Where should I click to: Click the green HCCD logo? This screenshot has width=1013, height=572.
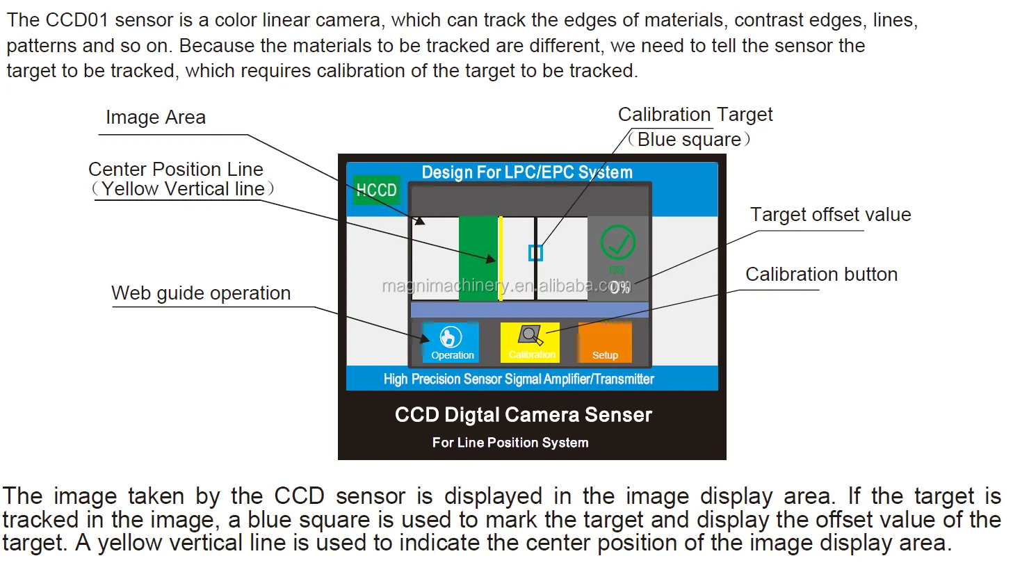point(376,190)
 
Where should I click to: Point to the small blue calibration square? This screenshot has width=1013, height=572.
point(535,253)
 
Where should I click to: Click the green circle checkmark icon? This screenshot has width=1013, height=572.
point(617,243)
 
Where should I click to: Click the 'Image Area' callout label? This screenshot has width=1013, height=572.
point(156,117)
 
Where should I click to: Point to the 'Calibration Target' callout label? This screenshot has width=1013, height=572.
point(695,115)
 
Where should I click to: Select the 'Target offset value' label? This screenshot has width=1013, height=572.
point(830,215)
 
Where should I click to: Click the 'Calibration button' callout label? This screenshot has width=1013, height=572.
point(821,275)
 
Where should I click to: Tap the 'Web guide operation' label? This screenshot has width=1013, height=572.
point(201,293)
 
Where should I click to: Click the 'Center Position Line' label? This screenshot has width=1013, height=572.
point(176,170)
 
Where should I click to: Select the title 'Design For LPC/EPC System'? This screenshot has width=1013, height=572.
point(527,172)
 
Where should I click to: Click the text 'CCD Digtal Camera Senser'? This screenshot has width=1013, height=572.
point(524,415)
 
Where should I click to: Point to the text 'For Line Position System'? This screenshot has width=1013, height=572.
point(510,443)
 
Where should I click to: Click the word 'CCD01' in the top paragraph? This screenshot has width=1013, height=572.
point(77,20)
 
